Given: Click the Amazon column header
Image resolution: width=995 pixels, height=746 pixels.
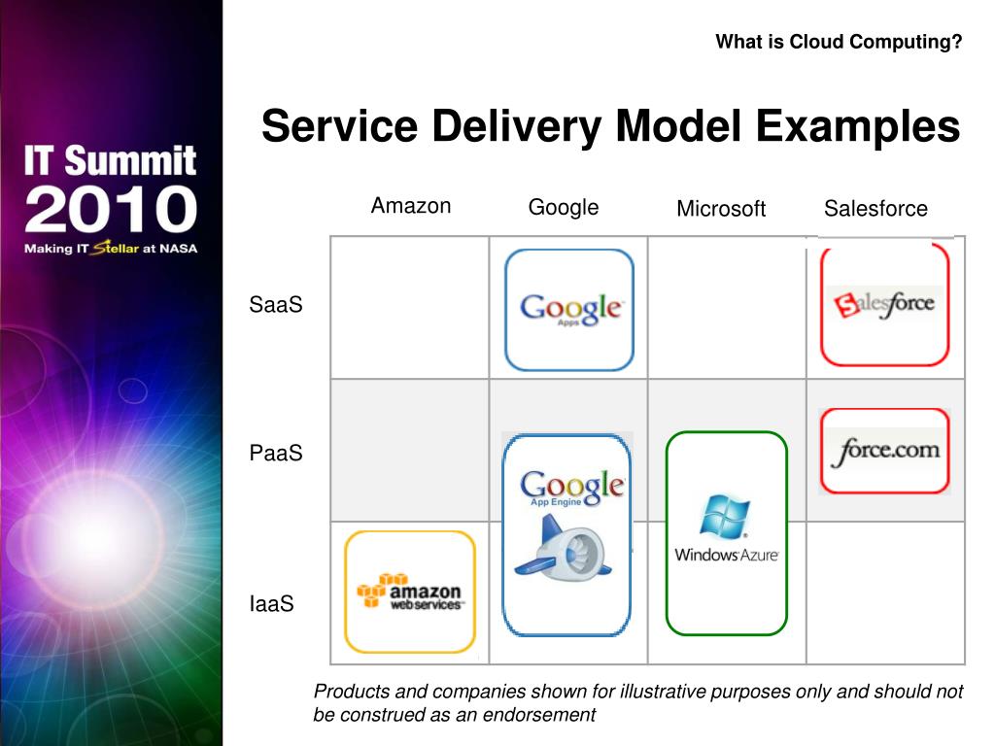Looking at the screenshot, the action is click(411, 206).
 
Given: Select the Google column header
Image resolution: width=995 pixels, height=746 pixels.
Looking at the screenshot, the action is click(564, 207).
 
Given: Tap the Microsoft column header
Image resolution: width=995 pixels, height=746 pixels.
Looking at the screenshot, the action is click(721, 209).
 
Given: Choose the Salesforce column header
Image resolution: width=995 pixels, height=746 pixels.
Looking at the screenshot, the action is click(875, 208).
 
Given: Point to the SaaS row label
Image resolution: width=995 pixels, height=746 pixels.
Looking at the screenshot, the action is click(276, 305).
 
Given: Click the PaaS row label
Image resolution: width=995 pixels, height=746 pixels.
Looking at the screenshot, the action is click(276, 454).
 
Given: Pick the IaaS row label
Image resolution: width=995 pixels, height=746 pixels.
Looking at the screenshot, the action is click(271, 604).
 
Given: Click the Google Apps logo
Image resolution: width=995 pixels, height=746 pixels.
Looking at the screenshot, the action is click(570, 310).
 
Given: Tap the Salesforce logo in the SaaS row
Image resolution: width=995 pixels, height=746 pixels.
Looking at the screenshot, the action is click(884, 304).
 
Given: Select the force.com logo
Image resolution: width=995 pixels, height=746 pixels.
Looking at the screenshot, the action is click(885, 451).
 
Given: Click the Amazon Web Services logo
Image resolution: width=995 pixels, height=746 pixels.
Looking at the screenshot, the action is click(410, 591).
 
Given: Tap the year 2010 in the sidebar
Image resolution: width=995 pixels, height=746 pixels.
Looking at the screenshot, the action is click(111, 210).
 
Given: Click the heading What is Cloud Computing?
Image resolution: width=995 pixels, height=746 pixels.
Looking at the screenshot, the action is click(839, 42).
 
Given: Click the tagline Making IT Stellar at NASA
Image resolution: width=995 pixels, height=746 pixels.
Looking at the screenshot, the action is click(111, 249).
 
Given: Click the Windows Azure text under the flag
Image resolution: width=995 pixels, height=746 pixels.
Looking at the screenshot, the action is click(727, 555).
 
